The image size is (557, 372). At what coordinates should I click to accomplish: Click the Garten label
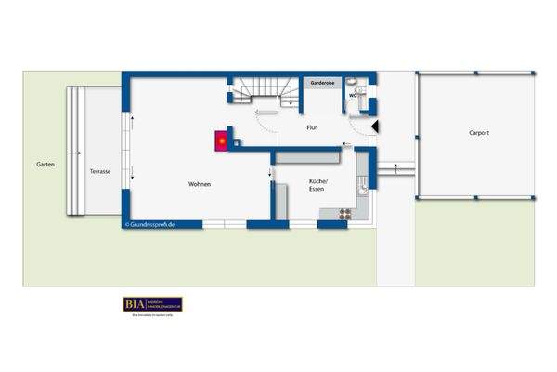point(45,164)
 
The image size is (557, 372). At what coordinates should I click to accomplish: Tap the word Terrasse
point(100,172)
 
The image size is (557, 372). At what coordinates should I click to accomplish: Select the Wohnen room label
point(200,184)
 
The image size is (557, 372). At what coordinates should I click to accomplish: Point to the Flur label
point(312,128)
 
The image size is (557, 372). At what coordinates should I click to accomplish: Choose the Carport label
point(479,133)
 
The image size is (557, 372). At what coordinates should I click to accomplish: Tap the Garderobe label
point(322,83)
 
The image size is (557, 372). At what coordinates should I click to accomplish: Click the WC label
point(354,95)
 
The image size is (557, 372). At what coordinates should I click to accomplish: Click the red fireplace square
point(222,140)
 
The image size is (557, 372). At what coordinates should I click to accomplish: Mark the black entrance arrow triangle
point(374,125)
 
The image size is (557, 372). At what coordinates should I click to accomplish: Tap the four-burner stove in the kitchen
point(343,213)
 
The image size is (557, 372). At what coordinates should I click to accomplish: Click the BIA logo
point(152,304)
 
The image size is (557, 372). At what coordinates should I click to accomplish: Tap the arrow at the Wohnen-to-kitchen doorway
point(270,170)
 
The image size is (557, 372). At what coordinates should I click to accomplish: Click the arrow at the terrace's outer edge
point(81,151)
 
